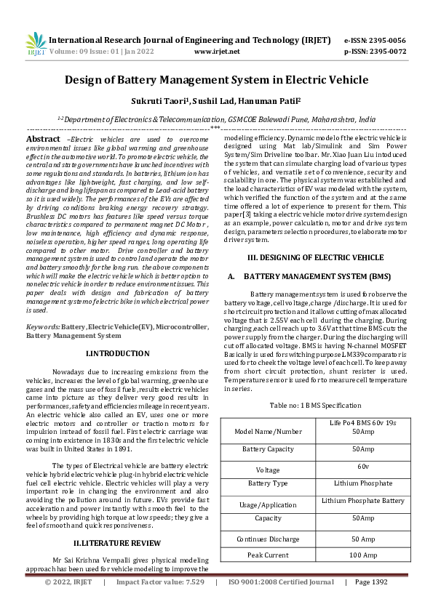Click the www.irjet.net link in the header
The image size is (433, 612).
(217, 52)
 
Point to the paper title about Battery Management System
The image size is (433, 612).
(216, 80)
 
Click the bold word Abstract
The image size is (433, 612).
(43, 138)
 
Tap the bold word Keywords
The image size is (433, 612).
(42, 329)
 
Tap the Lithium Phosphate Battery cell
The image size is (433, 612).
(362, 501)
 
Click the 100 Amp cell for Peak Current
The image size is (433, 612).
(362, 555)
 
